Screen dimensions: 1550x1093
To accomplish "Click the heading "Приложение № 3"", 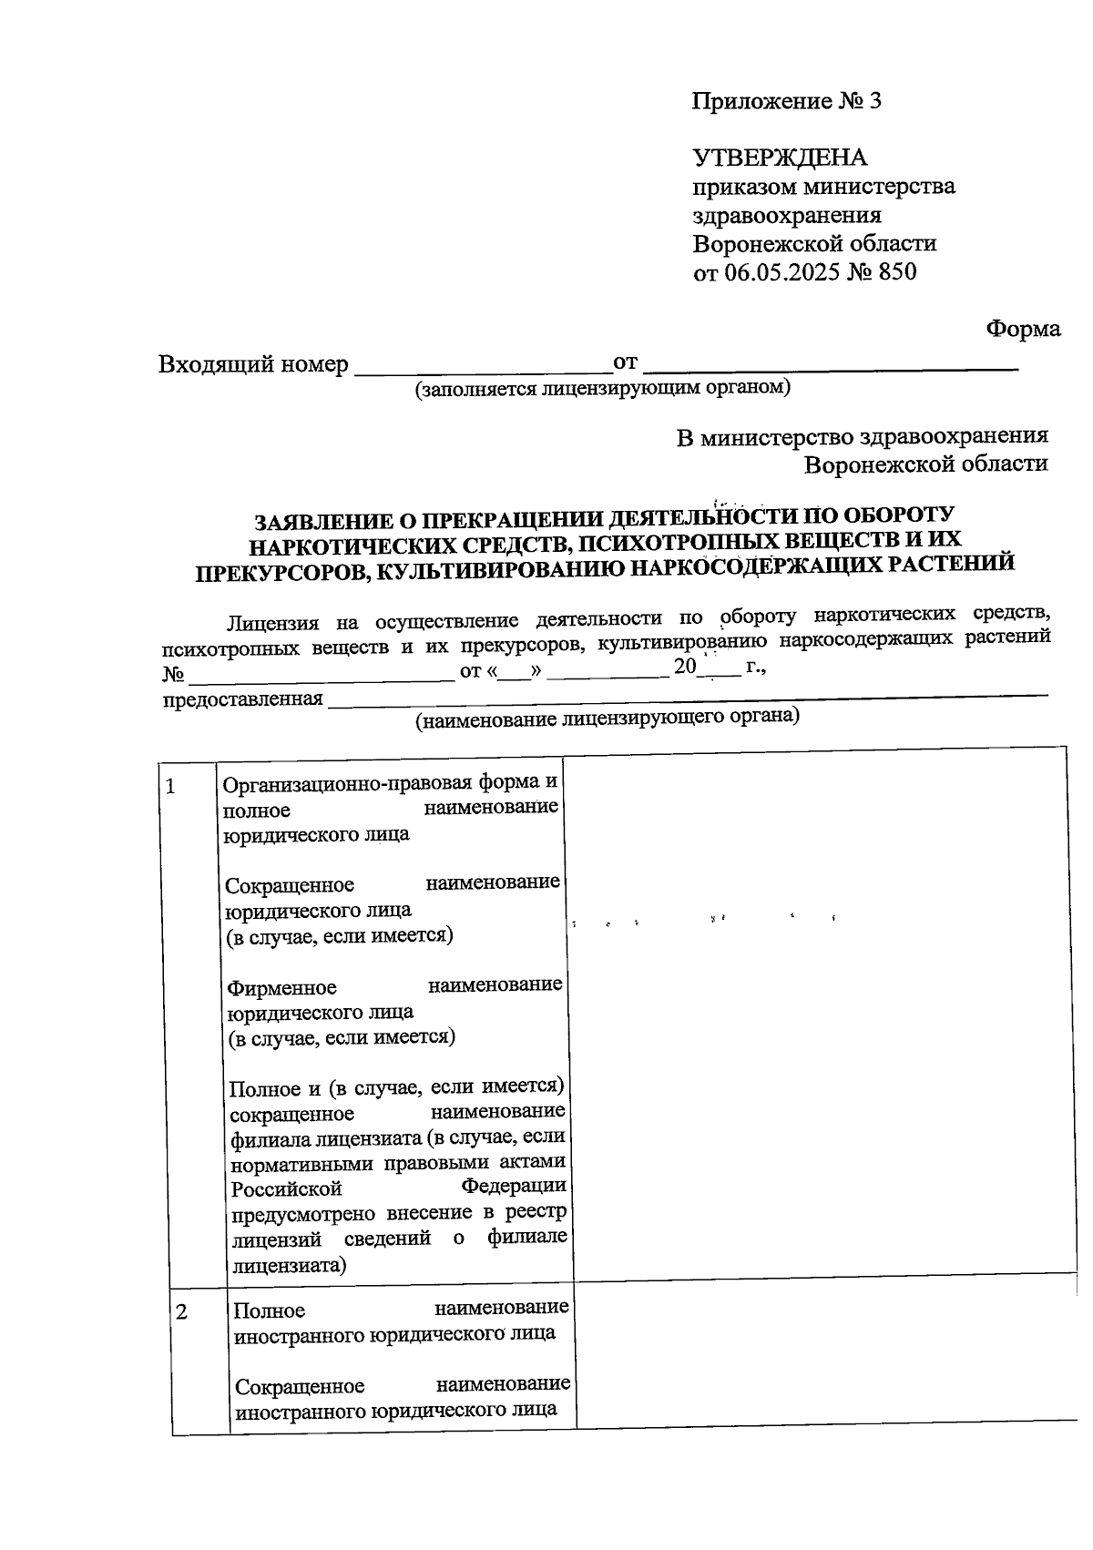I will click(x=787, y=101).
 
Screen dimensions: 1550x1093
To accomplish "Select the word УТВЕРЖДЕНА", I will click(x=781, y=158).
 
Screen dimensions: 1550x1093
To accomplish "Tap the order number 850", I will click(x=898, y=272).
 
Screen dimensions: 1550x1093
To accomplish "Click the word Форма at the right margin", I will click(x=1024, y=329).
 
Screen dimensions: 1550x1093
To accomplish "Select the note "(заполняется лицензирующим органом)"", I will click(x=602, y=389).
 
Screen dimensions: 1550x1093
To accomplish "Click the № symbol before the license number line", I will click(x=173, y=675).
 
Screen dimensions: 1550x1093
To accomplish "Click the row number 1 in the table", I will click(x=170, y=786).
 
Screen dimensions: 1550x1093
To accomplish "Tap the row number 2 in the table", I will click(x=182, y=1312).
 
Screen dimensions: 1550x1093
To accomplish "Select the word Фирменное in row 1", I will click(x=282, y=988).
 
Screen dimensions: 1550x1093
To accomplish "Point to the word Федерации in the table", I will click(x=514, y=1187).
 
